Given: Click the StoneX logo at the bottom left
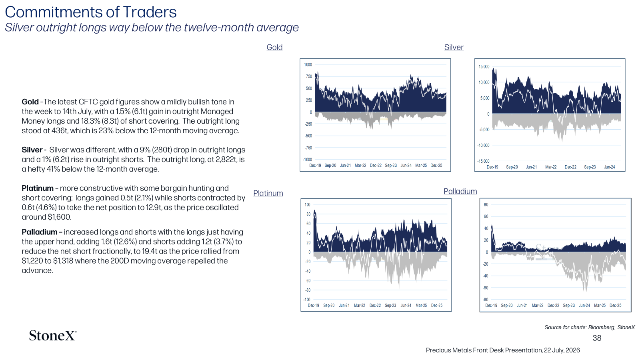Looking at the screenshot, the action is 52,336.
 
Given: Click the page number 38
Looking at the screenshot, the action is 597,338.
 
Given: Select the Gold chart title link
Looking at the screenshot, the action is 274,47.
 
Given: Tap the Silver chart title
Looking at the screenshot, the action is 454,47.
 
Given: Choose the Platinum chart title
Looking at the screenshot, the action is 268,193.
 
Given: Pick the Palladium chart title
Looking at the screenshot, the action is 460,191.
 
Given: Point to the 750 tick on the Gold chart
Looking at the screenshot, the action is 309,76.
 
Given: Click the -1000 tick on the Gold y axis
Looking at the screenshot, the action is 308,160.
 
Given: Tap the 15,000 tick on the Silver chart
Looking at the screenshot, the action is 484,66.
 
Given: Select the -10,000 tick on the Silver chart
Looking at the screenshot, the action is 483,145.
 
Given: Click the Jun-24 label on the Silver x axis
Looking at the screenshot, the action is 610,167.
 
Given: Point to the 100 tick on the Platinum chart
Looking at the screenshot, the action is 308,204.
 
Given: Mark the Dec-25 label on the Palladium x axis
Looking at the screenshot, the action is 616,305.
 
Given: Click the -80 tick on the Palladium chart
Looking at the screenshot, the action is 486,300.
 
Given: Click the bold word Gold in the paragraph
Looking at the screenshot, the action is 30,102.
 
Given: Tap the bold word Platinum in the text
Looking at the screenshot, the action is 38,188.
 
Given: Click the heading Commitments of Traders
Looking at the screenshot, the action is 91,12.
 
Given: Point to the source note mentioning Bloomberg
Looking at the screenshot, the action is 590,327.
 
